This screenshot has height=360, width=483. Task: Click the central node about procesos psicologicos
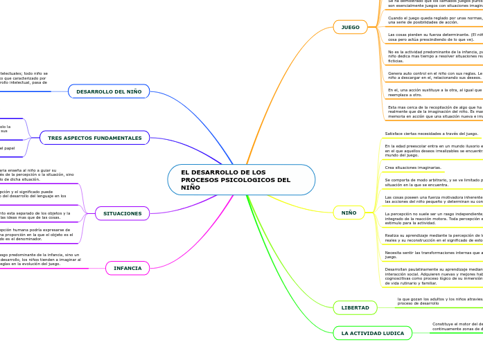(240, 180)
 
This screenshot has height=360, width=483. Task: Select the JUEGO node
(350, 28)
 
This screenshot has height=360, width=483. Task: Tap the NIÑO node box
(349, 213)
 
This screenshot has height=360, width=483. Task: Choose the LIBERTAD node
(355, 307)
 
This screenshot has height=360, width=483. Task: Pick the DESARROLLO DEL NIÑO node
(109, 91)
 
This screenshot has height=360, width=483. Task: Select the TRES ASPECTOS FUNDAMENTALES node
(94, 138)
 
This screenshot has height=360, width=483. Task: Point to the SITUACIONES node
(122, 213)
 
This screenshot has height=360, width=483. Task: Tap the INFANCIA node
(128, 268)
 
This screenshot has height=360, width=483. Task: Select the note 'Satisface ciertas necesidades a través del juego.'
(431, 134)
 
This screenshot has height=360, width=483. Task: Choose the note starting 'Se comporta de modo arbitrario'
(433, 182)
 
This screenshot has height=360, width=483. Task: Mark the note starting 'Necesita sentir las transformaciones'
(433, 254)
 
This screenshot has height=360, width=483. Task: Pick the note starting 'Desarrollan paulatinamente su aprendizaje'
(433, 276)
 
